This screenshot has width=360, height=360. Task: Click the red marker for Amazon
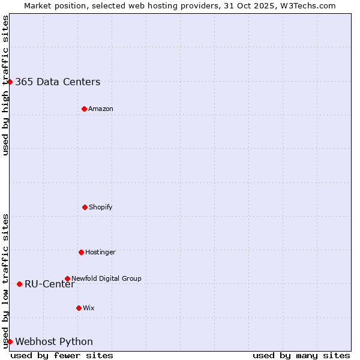click(x=84, y=109)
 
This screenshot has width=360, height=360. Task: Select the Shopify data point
click(x=85, y=207)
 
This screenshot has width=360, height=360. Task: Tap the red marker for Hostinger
click(x=81, y=252)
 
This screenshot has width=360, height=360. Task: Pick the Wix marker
click(x=79, y=308)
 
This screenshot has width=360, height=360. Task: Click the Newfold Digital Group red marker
click(x=67, y=278)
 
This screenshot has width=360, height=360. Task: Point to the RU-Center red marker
click(x=20, y=284)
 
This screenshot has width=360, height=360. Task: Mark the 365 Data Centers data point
click(x=10, y=82)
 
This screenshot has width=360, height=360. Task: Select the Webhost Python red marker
click(x=10, y=341)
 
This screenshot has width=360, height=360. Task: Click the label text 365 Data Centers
click(x=58, y=82)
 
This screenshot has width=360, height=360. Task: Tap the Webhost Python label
click(x=54, y=342)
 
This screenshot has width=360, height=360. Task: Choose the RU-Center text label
click(x=50, y=284)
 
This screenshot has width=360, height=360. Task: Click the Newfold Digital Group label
click(x=106, y=278)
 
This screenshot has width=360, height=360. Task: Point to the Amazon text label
click(x=101, y=109)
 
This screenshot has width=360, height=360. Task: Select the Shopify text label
click(x=101, y=208)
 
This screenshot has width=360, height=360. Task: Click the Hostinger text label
click(x=100, y=253)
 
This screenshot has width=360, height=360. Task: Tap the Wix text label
click(x=89, y=308)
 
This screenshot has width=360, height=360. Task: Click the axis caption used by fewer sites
click(x=62, y=355)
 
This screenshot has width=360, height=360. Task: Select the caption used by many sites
click(x=301, y=355)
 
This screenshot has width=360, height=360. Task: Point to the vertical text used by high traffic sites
click(x=5, y=85)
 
